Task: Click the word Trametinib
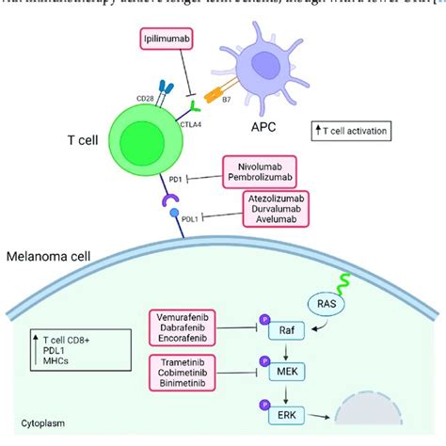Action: (x=192, y=362)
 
